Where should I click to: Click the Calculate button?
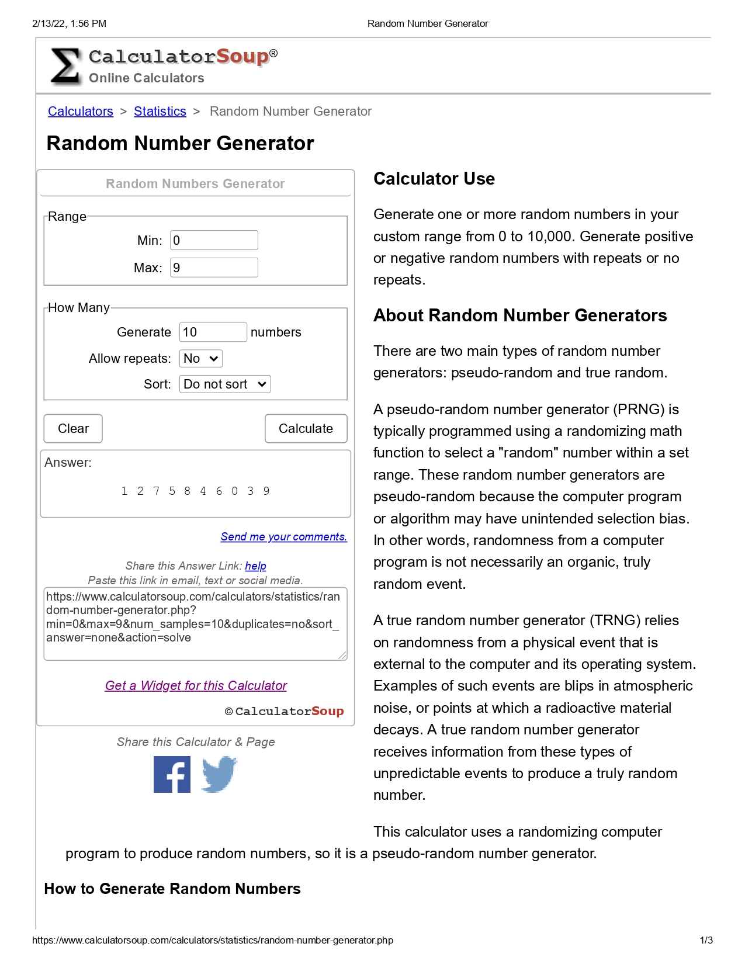tap(306, 429)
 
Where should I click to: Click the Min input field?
tap(214, 240)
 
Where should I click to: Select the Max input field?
tap(214, 268)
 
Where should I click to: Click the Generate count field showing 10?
tap(213, 332)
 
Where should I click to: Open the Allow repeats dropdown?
tap(200, 358)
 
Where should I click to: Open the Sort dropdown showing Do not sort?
tap(224, 384)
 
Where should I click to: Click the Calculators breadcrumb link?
tap(81, 112)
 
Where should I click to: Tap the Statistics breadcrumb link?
tap(160, 112)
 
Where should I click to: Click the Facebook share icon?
tap(172, 774)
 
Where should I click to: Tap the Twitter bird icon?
tap(219, 774)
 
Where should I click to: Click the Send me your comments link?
tap(283, 536)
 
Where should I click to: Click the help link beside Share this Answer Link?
tap(255, 566)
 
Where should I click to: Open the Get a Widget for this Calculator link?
tap(196, 685)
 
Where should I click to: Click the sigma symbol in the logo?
tap(65, 66)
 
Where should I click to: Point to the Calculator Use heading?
tap(434, 179)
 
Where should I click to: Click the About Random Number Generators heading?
tap(519, 315)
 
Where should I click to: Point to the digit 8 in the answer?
tap(187, 491)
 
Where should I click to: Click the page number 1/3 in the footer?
tap(706, 940)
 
